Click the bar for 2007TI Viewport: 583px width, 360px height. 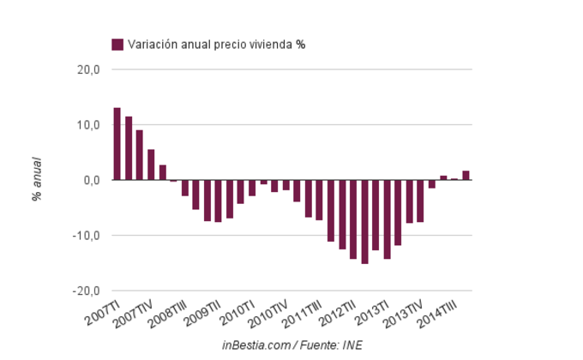tap(117, 144)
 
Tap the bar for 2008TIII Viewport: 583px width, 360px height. tap(184, 188)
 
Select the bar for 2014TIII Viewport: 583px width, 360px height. tap(466, 176)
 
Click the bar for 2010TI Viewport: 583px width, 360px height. tap(252, 188)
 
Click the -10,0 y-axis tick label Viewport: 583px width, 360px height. tap(87, 236)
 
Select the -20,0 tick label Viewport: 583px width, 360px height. tap(87, 291)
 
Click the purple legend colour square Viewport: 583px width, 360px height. tap(117, 45)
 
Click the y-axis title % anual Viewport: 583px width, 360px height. tap(37, 179)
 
